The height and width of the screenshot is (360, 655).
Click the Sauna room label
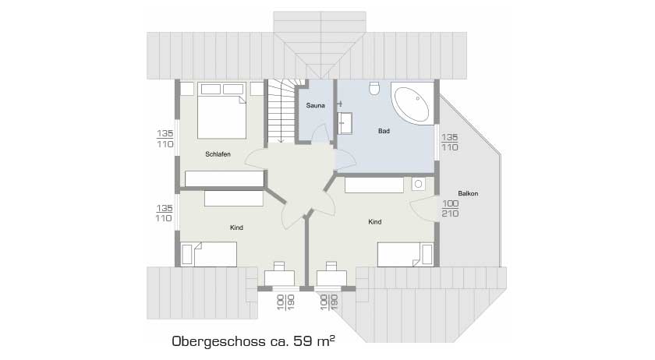point(315,106)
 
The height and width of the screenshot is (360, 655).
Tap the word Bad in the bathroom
point(384,131)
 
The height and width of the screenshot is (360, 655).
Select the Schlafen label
point(218,154)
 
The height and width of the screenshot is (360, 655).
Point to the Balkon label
point(468,193)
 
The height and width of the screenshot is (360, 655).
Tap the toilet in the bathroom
point(374,89)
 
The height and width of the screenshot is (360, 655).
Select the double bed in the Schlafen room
point(221,111)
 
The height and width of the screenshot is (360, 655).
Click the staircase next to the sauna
point(281,111)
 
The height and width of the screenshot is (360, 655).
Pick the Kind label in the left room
point(236,228)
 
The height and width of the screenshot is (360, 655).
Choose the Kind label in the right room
point(375,222)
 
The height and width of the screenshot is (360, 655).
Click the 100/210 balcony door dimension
point(451,208)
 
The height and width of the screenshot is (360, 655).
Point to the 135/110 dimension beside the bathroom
point(449,142)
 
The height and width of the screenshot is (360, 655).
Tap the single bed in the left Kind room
point(209,254)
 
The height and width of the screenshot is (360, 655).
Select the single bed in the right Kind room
point(405,254)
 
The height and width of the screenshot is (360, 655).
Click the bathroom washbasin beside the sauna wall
point(345,123)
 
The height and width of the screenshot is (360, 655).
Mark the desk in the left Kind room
point(279,278)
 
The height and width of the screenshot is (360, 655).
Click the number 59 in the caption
point(303,341)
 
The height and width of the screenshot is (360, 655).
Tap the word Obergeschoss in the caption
point(219,341)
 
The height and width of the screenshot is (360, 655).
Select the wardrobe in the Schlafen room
point(225,178)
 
